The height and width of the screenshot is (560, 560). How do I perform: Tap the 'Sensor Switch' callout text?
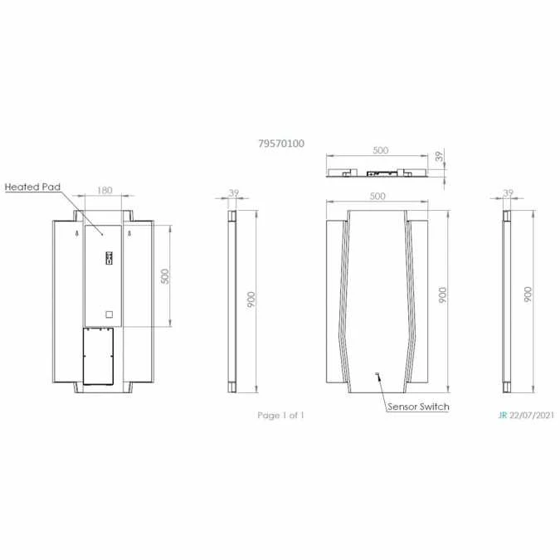tap(418, 407)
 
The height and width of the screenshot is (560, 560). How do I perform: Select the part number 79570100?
tap(281, 144)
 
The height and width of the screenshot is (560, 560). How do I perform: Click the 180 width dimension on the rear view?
tap(105, 191)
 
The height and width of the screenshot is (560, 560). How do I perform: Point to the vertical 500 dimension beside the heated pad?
tap(165, 275)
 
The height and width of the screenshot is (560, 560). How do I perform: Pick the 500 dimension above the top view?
tap(379, 151)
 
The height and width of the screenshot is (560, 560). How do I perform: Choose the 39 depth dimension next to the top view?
tap(440, 156)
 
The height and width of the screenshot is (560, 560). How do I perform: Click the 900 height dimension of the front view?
tap(442, 295)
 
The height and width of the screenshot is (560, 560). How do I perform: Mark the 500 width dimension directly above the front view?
tap(377, 197)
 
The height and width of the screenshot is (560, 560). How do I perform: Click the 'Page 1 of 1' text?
tap(281, 415)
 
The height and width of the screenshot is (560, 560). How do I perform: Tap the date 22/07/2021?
tap(532, 415)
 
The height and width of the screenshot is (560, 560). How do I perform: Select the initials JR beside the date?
tap(501, 415)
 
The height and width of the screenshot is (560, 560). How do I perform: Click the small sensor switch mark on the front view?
tap(377, 375)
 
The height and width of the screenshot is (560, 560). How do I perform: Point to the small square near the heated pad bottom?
tap(108, 314)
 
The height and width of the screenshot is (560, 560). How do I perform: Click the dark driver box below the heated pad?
tap(100, 357)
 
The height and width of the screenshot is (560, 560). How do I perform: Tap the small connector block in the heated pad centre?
tap(106, 258)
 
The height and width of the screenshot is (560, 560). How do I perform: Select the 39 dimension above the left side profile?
tap(234, 192)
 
